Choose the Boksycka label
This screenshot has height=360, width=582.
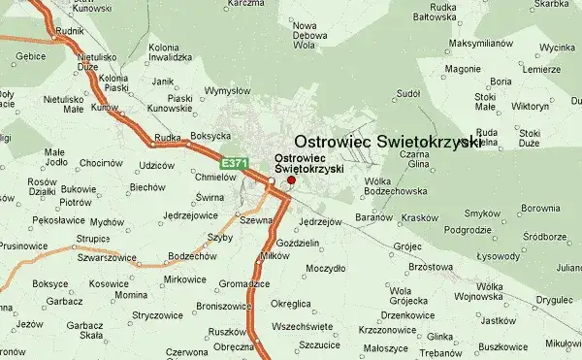(x=210, y=136)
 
